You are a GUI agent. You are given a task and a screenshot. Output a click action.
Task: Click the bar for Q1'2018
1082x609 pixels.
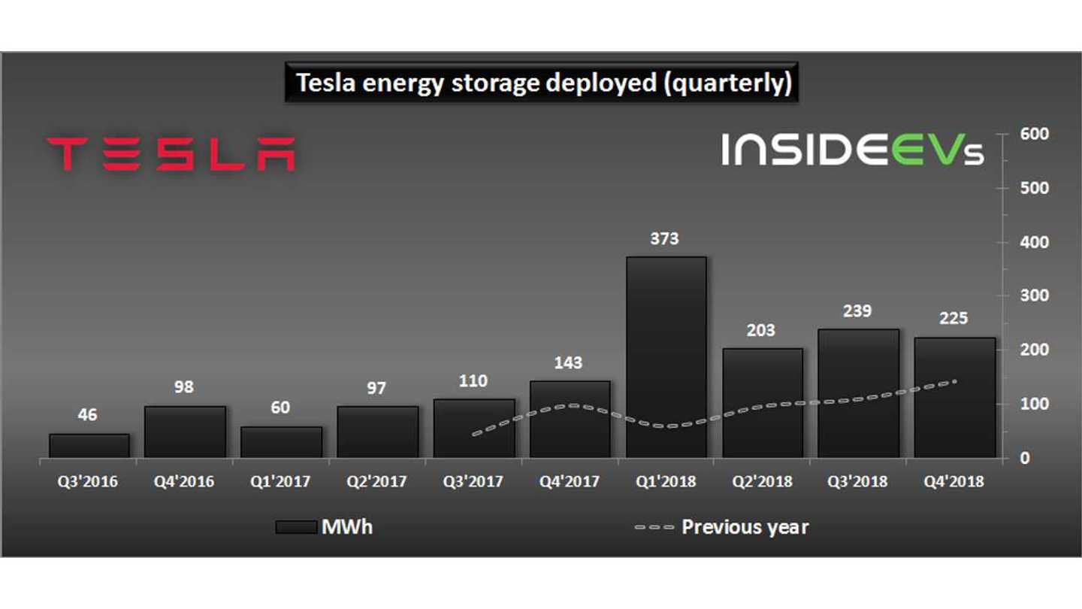[666, 357]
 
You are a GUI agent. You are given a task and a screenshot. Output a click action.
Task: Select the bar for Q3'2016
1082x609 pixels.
[89, 446]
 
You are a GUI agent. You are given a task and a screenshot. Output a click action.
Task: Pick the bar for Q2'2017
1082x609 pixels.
[377, 432]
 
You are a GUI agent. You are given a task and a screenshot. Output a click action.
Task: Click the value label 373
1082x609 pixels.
[664, 239]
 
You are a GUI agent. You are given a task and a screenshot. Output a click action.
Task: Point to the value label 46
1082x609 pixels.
[87, 415]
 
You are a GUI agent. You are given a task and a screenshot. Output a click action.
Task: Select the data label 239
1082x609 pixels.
[857, 311]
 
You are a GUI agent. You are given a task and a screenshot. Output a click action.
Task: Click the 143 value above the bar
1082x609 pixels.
[568, 363]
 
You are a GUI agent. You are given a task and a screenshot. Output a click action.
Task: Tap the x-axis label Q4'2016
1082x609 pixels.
[184, 482]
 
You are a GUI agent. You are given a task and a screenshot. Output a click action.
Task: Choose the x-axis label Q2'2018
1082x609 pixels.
[761, 482]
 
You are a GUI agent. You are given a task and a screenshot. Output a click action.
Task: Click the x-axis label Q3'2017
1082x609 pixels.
[473, 482]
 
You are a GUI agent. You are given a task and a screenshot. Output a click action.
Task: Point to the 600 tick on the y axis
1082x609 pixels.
[1035, 134]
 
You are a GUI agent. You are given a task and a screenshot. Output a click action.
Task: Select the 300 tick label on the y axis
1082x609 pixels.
[1035, 295]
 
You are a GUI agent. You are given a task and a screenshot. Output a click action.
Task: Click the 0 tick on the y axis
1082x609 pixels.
[1025, 458]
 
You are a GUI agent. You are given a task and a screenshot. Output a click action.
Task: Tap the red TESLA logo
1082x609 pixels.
[171, 153]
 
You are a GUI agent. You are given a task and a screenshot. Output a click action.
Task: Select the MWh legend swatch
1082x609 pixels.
[295, 527]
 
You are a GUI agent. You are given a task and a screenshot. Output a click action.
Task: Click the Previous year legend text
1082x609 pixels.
[745, 527]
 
